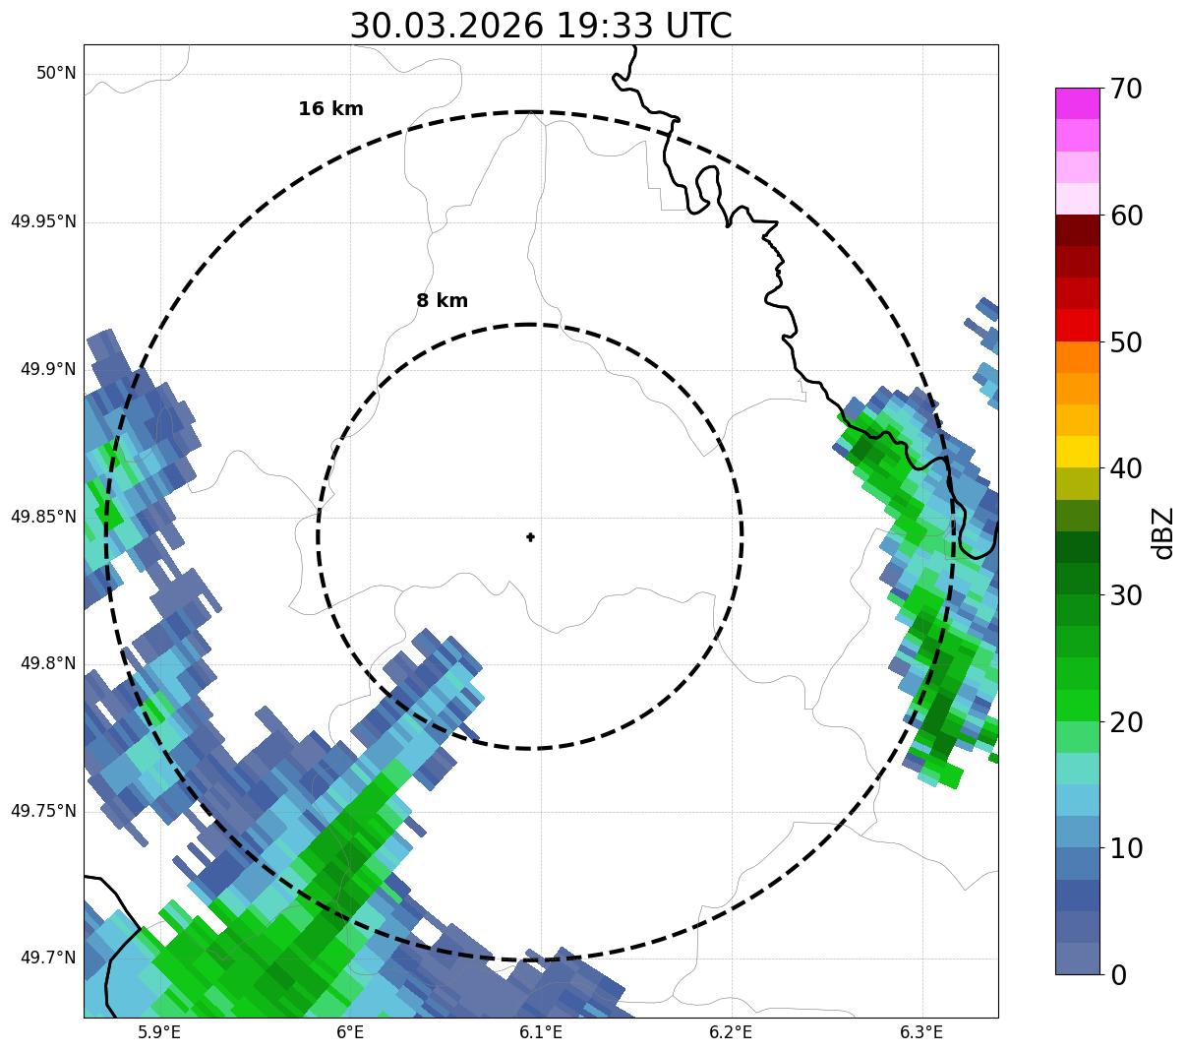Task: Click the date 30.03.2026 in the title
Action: (445, 27)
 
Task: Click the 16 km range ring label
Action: (330, 109)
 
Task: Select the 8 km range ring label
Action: (442, 301)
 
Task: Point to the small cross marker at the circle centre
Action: (531, 536)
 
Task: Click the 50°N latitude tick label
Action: (56, 74)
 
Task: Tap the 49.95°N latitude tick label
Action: (43, 221)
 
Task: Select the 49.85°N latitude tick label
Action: (43, 517)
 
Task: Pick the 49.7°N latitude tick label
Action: (48, 959)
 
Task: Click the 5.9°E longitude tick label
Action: (159, 1032)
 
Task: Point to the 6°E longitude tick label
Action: (350, 1032)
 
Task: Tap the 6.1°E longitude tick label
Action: (541, 1032)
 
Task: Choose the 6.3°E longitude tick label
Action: (921, 1032)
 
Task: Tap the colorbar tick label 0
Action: (1119, 975)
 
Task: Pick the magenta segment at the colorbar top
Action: (1078, 103)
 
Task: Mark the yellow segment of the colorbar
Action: (1078, 452)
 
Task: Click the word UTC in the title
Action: (698, 27)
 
